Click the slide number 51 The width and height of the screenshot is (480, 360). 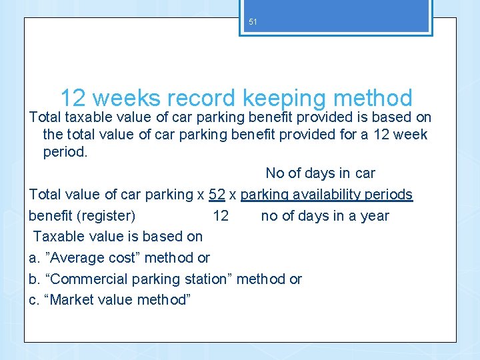click(x=253, y=22)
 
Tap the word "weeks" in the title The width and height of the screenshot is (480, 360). click(x=127, y=99)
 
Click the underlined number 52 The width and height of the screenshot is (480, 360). click(x=217, y=195)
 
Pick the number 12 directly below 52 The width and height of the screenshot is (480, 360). click(x=221, y=216)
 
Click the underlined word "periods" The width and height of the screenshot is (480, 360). click(x=390, y=195)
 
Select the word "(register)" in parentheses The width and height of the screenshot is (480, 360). click(x=106, y=216)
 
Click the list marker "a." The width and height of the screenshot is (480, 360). click(x=35, y=258)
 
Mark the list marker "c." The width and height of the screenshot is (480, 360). click(x=35, y=300)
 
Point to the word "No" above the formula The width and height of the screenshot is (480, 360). click(x=275, y=173)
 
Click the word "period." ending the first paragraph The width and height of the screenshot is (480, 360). click(x=65, y=152)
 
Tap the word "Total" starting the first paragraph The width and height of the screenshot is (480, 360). click(x=45, y=118)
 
